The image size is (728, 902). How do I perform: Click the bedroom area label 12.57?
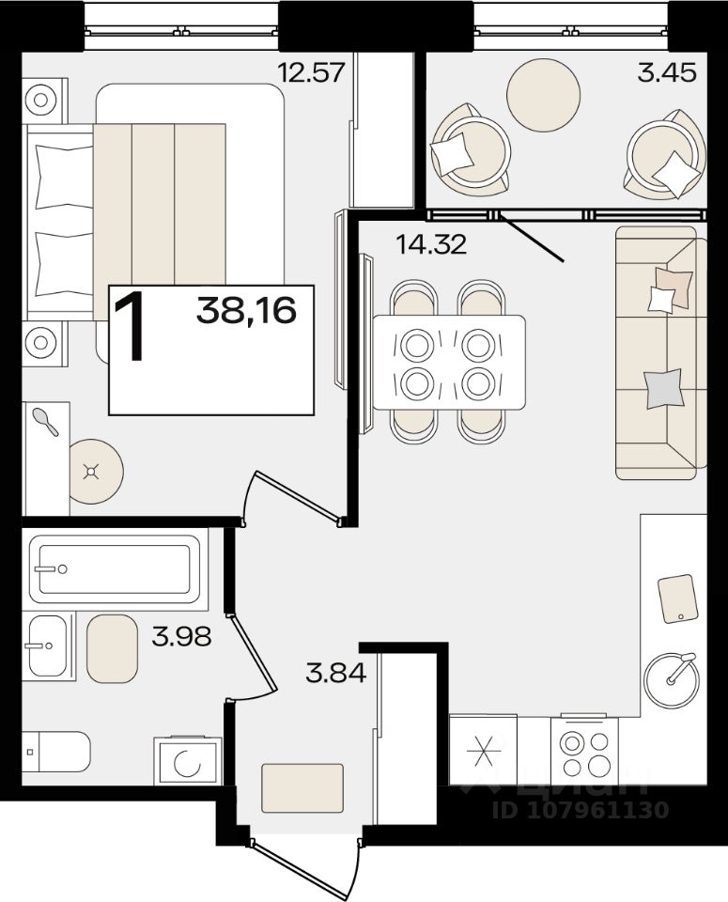pos(311,73)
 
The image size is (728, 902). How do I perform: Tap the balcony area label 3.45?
pos(667,73)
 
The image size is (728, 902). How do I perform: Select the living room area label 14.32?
pos(431,245)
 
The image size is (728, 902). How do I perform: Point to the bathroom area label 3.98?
pos(181,636)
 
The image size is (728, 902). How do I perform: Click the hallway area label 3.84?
pos(336,673)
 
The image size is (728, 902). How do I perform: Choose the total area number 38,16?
pos(246,311)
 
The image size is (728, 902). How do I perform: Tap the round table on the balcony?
pos(543,95)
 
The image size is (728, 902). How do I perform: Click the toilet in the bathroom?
pos(55,752)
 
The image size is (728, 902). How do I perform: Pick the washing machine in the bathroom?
pos(188,761)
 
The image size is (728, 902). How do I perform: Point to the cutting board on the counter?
pos(677,599)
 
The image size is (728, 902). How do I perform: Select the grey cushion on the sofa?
pos(663,389)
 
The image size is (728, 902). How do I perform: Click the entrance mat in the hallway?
pos(302,787)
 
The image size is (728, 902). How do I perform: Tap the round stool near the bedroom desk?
pos(96,472)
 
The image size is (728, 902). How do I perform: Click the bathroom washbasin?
pos(47,645)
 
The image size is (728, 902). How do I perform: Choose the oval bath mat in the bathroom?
pos(112,649)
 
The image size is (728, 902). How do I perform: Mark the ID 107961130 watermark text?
pos(581,810)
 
